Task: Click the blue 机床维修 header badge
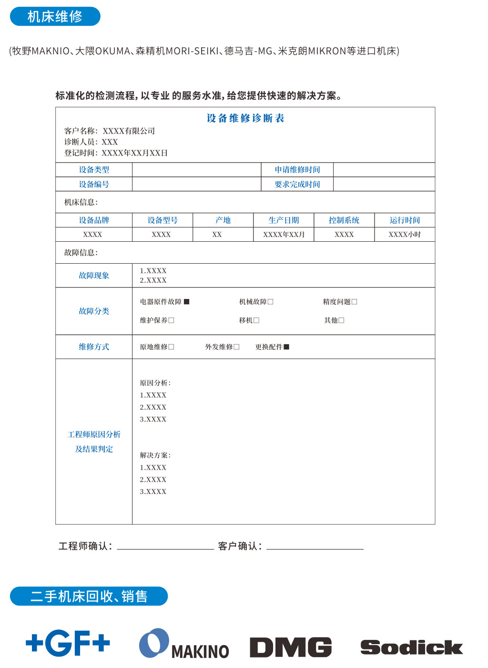point(55,17)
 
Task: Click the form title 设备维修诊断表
point(245,118)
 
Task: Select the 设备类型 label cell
point(94,170)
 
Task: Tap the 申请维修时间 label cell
point(297,170)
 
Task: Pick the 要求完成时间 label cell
point(297,185)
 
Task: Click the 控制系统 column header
point(344,220)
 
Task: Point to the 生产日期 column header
point(284,220)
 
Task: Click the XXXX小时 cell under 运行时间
point(405,235)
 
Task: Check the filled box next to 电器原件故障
point(187,302)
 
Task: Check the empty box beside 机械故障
point(271,302)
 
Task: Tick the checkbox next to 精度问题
point(355,302)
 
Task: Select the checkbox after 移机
point(256,320)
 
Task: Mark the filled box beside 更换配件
point(286,347)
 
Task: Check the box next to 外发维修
point(236,347)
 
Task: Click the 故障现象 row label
point(94,276)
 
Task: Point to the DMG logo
point(291,647)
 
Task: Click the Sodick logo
point(411,647)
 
